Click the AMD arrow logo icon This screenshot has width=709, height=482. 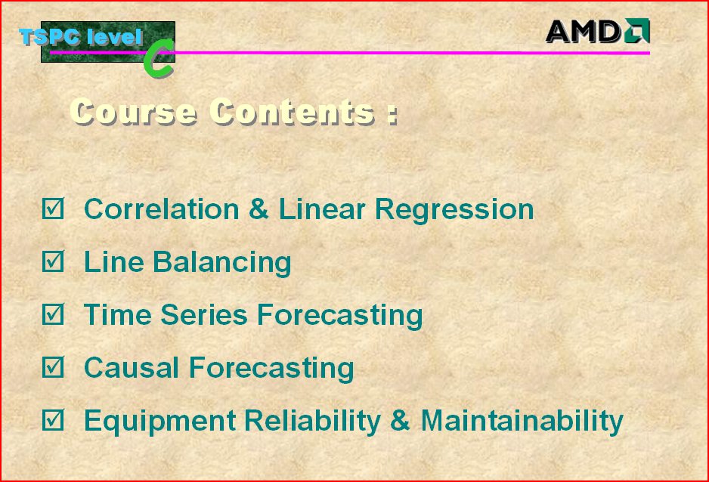(x=637, y=31)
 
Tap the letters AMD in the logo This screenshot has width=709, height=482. (x=584, y=32)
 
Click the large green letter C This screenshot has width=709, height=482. (x=159, y=59)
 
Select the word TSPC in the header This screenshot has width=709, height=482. (x=50, y=36)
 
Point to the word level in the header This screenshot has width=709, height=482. (x=115, y=37)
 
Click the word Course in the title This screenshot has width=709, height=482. (x=133, y=111)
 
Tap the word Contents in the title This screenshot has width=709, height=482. (x=292, y=111)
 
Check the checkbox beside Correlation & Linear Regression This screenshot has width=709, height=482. (x=53, y=209)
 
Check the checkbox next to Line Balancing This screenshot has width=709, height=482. (x=53, y=261)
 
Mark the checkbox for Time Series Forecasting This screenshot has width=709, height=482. (x=53, y=314)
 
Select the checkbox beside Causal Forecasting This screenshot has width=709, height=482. (x=53, y=367)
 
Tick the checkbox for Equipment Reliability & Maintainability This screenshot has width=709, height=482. (x=53, y=419)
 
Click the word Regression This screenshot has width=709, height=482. (x=454, y=211)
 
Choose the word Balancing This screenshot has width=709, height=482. (x=222, y=263)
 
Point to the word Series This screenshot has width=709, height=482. (x=204, y=314)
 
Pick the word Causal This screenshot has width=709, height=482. (x=132, y=367)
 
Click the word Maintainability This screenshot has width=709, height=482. (x=522, y=421)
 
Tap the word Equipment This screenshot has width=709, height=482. (x=160, y=422)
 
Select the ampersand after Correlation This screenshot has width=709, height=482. (x=259, y=209)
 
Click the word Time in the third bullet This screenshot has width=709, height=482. (x=118, y=314)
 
